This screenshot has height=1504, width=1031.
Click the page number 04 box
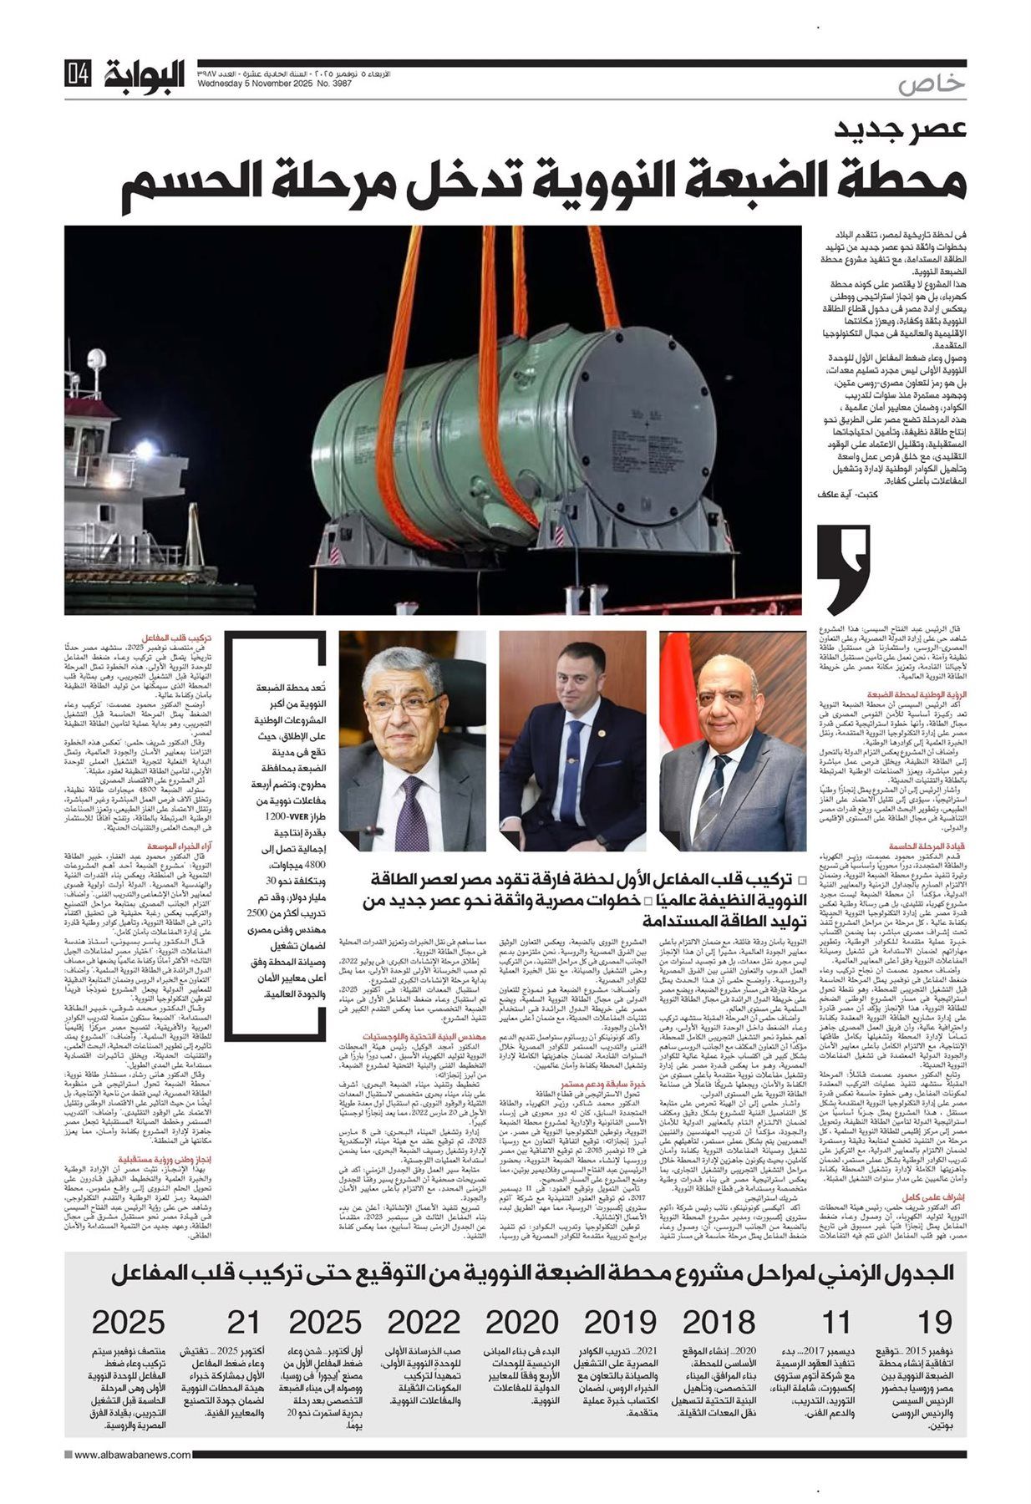click(x=77, y=76)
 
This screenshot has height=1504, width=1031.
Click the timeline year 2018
click(x=718, y=1323)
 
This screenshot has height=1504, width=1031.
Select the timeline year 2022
click(x=424, y=1323)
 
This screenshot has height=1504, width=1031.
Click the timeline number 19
click(x=934, y=1323)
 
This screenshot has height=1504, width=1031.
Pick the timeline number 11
click(x=835, y=1323)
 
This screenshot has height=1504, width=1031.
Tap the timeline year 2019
click(x=619, y=1323)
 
